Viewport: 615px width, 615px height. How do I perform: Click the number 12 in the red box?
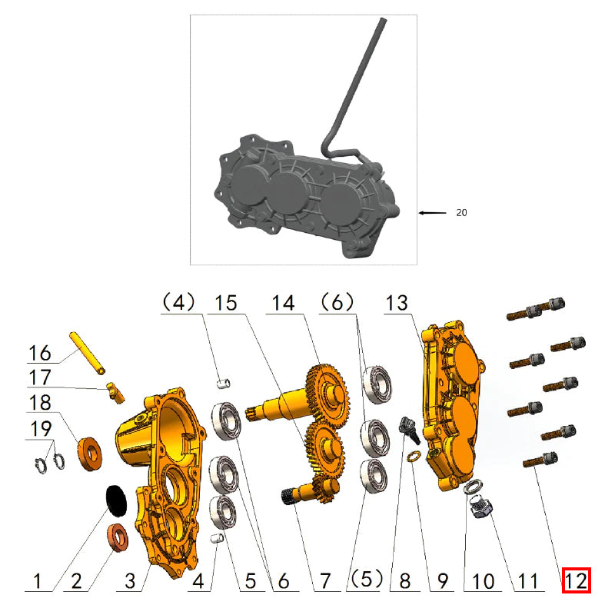(576, 580)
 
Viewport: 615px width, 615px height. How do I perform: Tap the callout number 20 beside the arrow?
(460, 213)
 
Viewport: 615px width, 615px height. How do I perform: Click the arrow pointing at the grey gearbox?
(432, 213)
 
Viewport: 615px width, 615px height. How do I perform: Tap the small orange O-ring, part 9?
(413, 458)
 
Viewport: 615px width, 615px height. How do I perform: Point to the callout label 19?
(41, 428)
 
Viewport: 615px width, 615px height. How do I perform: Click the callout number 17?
(41, 377)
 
